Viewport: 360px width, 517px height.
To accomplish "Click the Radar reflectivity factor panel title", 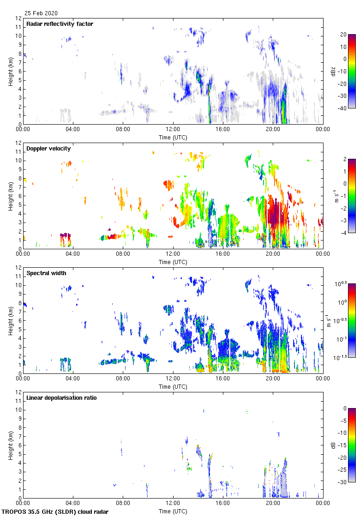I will [x=60, y=24].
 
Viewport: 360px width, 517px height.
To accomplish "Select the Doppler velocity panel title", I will [x=48, y=149].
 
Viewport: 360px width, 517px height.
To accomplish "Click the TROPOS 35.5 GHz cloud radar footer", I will [x=55, y=512].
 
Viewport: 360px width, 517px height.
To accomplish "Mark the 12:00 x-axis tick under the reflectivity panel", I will [x=173, y=130].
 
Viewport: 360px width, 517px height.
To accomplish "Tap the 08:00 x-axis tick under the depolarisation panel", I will [x=123, y=504].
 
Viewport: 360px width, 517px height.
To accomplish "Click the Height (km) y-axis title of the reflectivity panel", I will [x=10, y=71].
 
